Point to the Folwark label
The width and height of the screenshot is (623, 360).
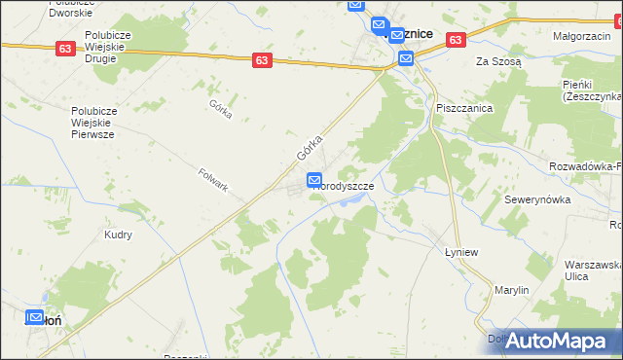[x=212, y=179]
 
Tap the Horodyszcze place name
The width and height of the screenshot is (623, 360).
[x=343, y=185]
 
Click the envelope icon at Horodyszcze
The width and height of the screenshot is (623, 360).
[x=314, y=180]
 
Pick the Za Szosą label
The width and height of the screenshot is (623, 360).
[x=498, y=60]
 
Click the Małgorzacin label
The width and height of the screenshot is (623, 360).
[x=580, y=36]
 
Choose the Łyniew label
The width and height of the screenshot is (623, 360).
[x=450, y=249]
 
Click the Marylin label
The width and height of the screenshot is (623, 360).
[x=510, y=290]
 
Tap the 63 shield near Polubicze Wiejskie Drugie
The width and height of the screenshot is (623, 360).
[x=65, y=49]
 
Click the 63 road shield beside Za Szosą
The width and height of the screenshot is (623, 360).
[x=456, y=40]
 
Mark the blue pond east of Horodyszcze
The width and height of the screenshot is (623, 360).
[x=355, y=199]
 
